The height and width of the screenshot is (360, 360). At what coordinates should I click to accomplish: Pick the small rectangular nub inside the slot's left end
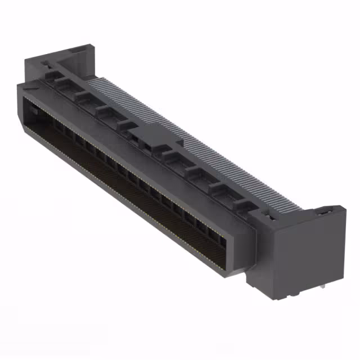point(33,112)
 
